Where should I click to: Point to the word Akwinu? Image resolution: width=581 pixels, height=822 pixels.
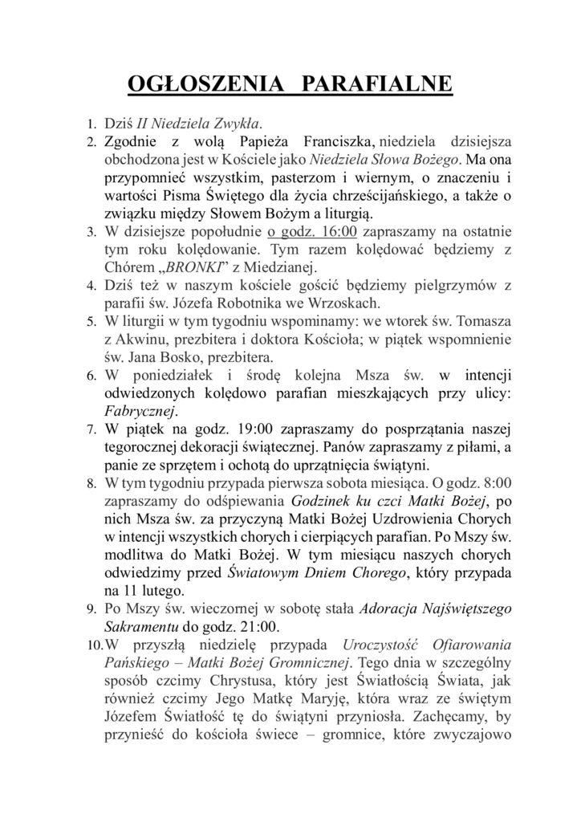(x=143, y=339)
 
